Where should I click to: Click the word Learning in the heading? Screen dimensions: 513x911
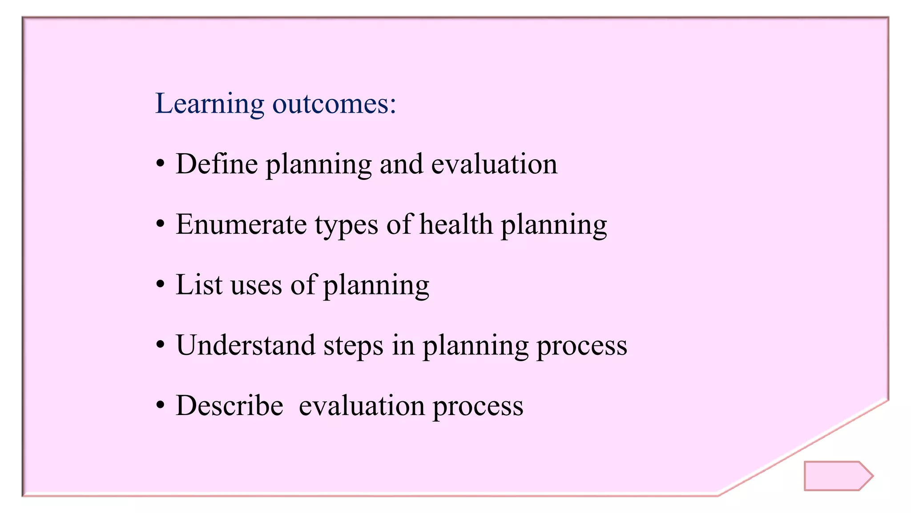coord(210,104)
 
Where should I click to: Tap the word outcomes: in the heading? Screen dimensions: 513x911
coord(334,104)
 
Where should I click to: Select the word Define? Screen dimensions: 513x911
coord(217,164)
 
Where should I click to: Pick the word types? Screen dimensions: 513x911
coord(347,225)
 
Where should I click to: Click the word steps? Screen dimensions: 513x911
coord(353,346)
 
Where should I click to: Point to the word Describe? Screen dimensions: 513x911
coord(230,406)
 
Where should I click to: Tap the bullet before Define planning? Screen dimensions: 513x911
coord(161,165)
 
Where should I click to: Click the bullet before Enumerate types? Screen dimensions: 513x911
coord(161,225)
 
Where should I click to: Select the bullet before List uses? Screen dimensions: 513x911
coord(161,285)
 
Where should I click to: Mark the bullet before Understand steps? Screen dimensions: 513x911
coord(161,346)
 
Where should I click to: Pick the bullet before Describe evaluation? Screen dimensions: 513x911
coord(161,406)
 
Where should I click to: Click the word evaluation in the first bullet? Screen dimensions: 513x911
coord(494,164)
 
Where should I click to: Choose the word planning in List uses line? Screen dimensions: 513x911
coord(376,286)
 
